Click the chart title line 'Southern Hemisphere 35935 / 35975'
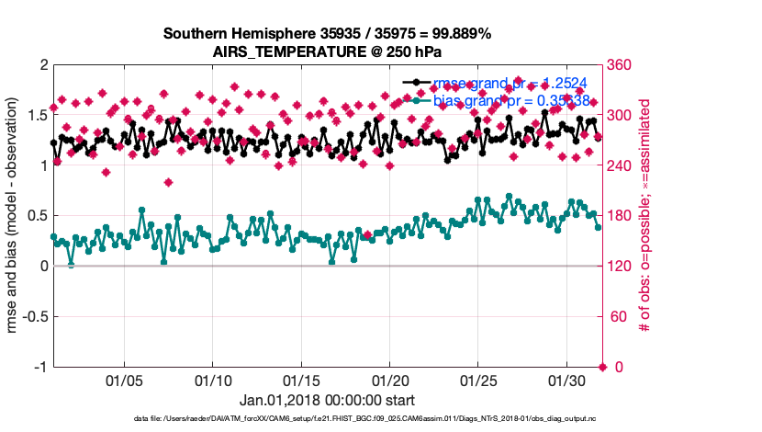(x=327, y=33)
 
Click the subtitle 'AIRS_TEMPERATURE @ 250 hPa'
(x=327, y=51)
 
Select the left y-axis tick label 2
(x=42, y=65)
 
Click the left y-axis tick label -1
(x=39, y=367)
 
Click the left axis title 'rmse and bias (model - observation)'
(x=16, y=215)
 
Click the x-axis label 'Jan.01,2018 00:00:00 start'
(x=327, y=401)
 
